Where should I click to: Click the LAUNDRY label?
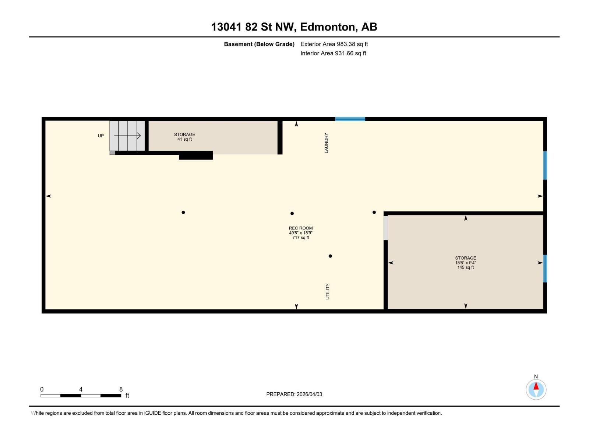point(326,143)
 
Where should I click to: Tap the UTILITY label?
point(327,291)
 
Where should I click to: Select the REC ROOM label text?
point(300,228)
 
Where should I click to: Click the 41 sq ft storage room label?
point(184,137)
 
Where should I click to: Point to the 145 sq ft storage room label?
point(465,263)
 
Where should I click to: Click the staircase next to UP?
point(127,136)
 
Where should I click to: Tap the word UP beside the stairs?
point(100,136)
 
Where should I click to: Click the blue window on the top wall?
point(350,119)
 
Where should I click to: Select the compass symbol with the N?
point(536,389)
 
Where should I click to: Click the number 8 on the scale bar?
point(121,389)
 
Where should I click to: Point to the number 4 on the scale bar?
point(81,389)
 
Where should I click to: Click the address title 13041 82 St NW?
point(294,27)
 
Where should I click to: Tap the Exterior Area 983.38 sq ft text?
point(334,44)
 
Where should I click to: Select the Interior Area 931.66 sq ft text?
point(333,53)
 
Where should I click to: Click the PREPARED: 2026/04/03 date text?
point(294,394)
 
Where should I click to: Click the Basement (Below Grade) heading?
point(259,44)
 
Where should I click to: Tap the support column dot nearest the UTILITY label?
point(330,256)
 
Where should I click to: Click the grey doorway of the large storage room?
point(385,228)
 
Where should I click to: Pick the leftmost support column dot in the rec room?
point(183,212)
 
